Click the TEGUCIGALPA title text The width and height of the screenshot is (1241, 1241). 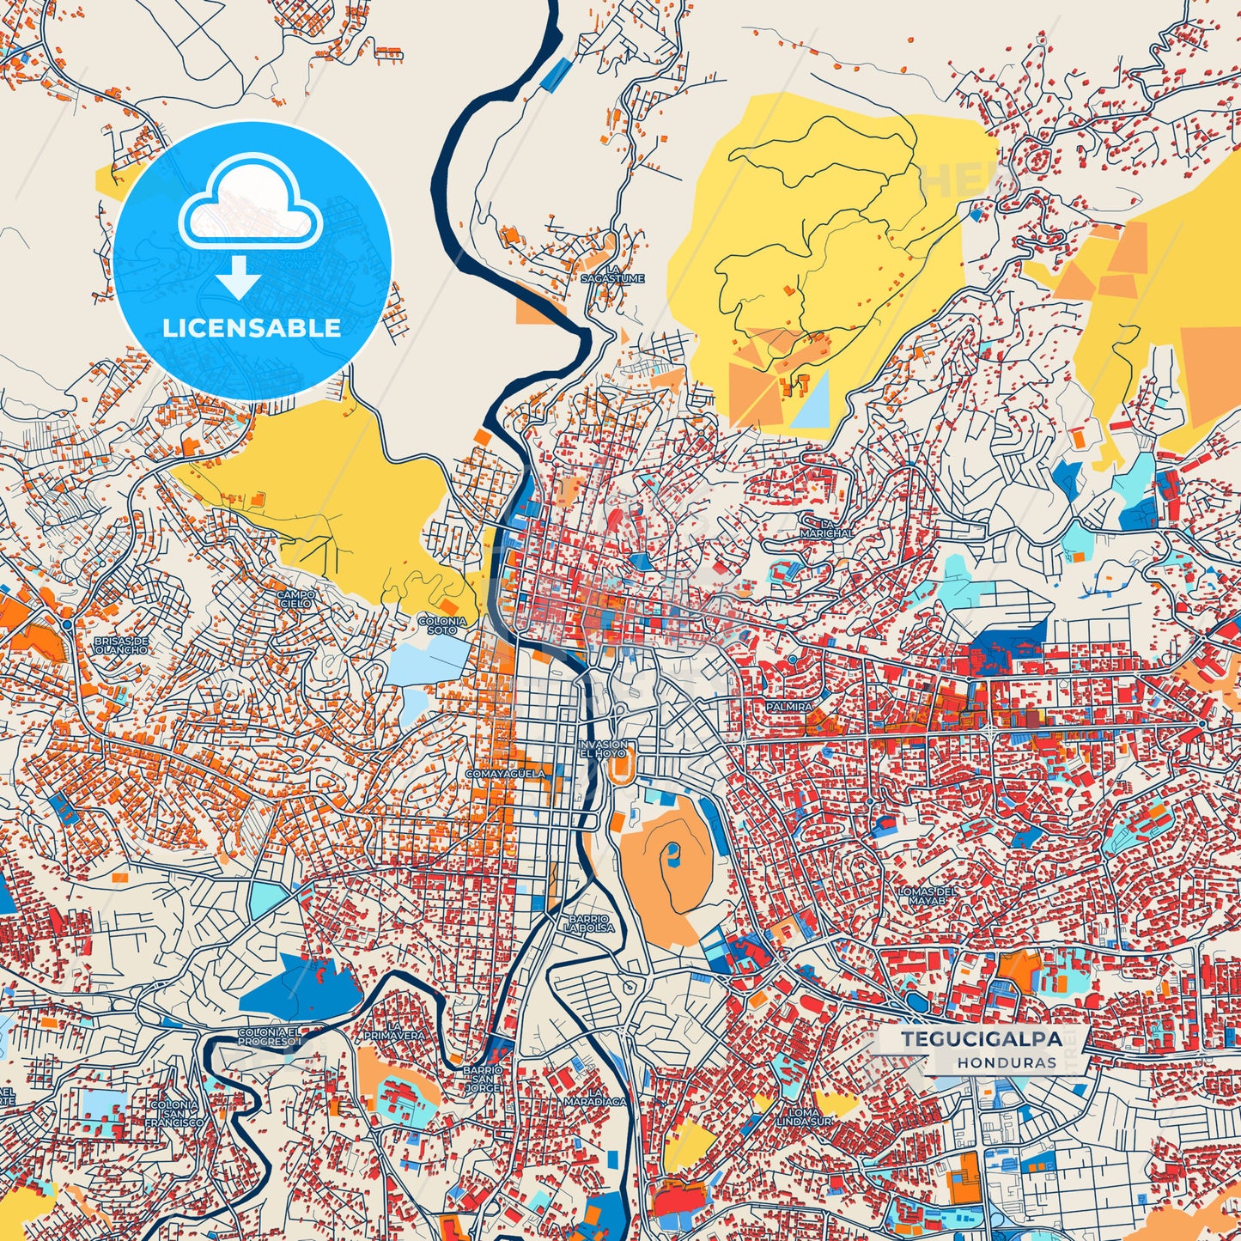point(981,1038)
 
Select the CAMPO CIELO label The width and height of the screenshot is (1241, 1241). point(295,599)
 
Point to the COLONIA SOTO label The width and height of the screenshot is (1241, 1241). point(442,625)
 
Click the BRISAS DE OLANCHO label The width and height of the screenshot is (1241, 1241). point(121,645)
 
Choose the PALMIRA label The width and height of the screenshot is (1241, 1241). point(789,706)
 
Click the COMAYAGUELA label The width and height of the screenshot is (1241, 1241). point(505,774)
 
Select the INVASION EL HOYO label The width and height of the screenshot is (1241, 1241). point(602,748)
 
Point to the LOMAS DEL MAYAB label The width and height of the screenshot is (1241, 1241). point(927,896)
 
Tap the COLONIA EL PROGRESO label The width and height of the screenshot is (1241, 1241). point(270,1036)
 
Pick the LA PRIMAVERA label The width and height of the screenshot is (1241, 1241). point(394,1031)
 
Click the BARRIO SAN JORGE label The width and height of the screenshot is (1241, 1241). point(483,1080)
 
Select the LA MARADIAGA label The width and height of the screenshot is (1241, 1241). point(594,1095)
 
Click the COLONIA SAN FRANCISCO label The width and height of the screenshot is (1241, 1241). point(174,1113)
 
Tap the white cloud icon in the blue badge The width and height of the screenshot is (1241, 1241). point(250,206)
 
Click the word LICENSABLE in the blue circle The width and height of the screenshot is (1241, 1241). point(252,327)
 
